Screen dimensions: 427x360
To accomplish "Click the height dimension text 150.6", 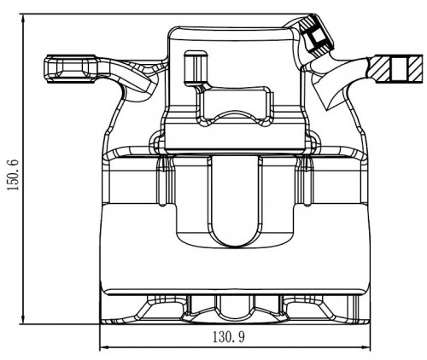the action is click(x=13, y=175).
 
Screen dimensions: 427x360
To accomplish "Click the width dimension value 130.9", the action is click(x=229, y=337).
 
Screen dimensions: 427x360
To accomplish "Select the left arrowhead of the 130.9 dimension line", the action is click(x=105, y=347).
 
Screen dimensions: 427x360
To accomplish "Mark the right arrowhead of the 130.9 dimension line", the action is click(x=366, y=347).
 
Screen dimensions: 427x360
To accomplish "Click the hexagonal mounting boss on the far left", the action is click(x=71, y=69).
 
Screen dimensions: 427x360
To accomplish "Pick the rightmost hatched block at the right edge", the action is click(x=415, y=69).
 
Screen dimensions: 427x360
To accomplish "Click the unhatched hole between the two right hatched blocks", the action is click(x=400, y=69).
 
